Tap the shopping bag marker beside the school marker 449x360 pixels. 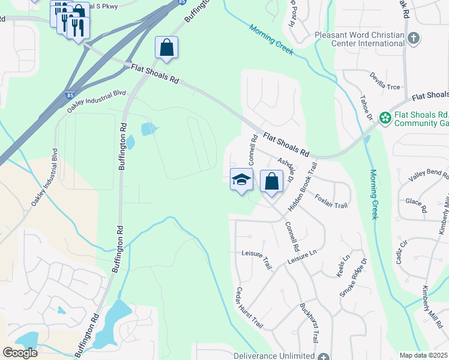point(272,182)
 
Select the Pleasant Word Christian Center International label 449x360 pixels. point(360,39)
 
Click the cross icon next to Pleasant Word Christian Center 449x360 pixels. point(413,39)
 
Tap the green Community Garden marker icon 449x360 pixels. point(384,119)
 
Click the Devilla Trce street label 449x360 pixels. point(385,86)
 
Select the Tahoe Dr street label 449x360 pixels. point(367,108)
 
